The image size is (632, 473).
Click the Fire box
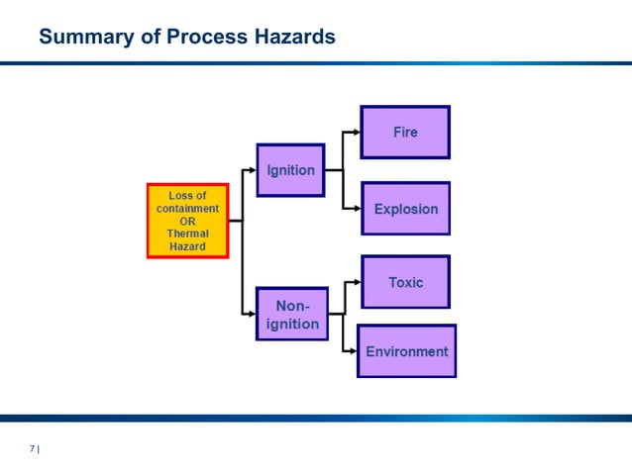pyautogui.click(x=405, y=132)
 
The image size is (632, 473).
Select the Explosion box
pyautogui.click(x=405, y=209)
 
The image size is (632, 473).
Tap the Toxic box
pyautogui.click(x=405, y=282)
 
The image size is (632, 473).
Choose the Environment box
pyautogui.click(x=406, y=351)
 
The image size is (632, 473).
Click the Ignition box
pyautogui.click(x=290, y=170)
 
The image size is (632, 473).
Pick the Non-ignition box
pyautogui.click(x=291, y=315)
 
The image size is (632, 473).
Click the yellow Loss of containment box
pyautogui.click(x=188, y=221)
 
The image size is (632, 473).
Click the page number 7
pyautogui.click(x=32, y=449)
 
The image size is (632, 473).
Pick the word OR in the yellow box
pyautogui.click(x=187, y=222)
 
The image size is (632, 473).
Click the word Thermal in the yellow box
pyautogui.click(x=187, y=234)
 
